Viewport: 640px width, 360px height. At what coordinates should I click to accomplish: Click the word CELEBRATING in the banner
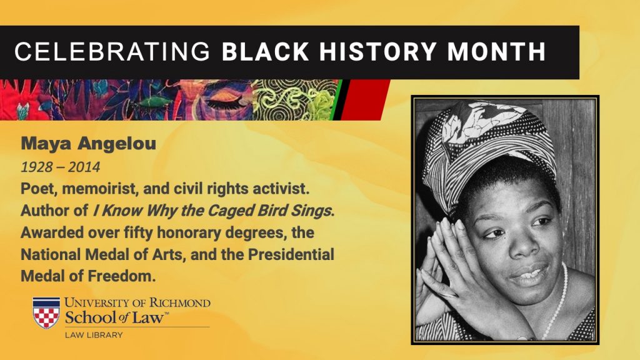(x=112, y=52)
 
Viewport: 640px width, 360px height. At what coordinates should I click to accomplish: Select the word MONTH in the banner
(x=496, y=52)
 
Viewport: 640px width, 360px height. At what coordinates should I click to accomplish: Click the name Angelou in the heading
(x=117, y=144)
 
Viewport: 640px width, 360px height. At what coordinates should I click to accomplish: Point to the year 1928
(x=37, y=167)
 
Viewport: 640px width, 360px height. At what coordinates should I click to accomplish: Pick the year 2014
(x=84, y=167)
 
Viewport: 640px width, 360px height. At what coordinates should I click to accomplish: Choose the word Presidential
(x=291, y=254)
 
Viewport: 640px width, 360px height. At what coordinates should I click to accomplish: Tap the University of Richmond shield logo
(x=46, y=312)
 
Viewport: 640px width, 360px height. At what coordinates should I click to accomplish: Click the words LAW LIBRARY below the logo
(x=94, y=335)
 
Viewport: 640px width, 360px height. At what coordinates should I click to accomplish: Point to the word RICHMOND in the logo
(x=179, y=303)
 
